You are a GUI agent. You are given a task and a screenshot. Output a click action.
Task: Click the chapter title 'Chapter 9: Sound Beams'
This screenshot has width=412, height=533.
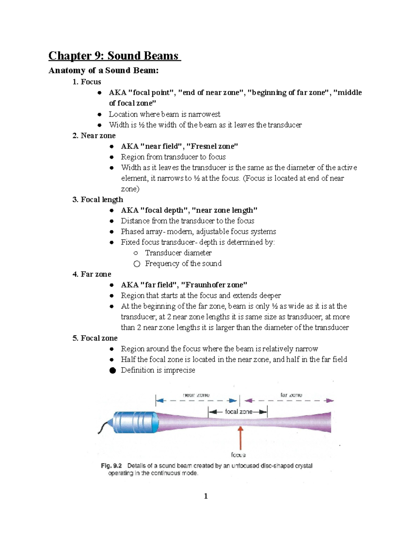pos(114,56)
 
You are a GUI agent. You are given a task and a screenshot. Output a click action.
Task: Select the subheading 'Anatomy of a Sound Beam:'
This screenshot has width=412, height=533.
pos(103,70)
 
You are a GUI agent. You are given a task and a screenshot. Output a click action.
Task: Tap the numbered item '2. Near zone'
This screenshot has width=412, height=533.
pos(94,136)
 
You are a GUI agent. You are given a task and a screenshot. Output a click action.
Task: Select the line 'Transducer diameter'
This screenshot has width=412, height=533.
pos(178,253)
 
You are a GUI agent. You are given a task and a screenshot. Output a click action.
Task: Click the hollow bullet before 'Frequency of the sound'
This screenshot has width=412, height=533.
pos(137,264)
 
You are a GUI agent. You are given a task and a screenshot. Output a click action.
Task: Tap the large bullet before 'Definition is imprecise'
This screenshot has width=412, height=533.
pos(113,370)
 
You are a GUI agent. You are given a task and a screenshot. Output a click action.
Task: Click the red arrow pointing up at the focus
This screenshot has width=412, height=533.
pos(241,438)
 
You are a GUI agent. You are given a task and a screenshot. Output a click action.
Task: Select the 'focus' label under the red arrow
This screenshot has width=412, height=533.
pos(238,455)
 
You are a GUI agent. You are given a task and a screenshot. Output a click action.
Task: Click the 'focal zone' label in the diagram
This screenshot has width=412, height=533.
pos(239,412)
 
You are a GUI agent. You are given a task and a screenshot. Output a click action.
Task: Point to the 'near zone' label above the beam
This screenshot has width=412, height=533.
pos(196,395)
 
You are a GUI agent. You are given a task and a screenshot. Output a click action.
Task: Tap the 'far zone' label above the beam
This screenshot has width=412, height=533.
pos(291,395)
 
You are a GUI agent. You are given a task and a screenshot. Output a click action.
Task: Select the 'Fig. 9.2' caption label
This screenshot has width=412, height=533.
pos(111,466)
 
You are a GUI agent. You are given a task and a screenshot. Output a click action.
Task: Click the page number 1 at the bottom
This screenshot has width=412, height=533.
pos(206,496)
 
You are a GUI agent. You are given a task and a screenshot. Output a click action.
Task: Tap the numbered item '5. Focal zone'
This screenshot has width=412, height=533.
pos(95,338)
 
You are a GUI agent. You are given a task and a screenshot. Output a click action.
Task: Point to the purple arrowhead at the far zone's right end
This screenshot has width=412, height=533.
pos(330,401)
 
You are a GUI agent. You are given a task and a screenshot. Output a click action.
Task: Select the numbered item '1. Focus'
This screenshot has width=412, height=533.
pos(87,82)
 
